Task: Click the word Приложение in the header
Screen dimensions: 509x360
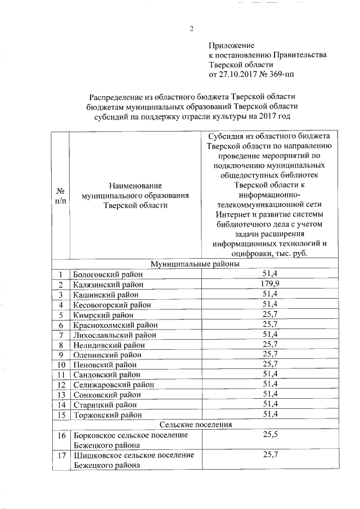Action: tap(232, 45)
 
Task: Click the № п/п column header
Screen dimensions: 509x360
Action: tap(60, 196)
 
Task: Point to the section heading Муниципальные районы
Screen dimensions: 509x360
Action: tap(195, 263)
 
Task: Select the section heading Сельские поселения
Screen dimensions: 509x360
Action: tap(196, 425)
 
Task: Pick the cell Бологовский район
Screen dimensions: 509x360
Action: tap(108, 274)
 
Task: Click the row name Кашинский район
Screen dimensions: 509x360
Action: tap(105, 294)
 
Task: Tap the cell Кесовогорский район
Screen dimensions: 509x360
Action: tap(112, 304)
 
